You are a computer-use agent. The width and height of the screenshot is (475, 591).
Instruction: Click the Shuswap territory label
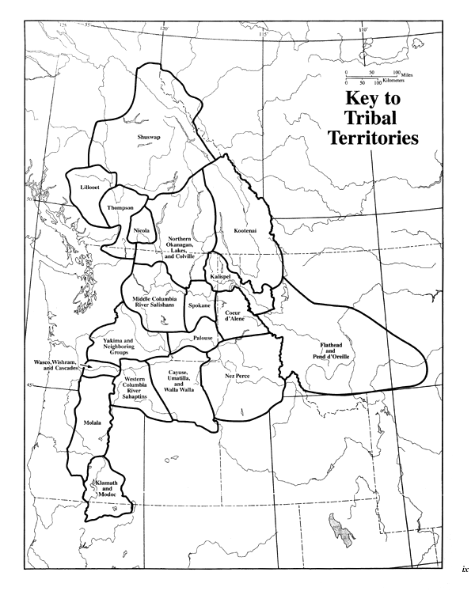point(149,138)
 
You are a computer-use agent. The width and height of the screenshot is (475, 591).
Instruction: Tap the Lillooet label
point(89,187)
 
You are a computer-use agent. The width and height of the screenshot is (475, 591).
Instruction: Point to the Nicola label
point(142,230)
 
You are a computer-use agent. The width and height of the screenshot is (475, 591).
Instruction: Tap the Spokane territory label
point(198,303)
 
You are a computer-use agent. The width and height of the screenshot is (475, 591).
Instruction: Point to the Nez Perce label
point(237,376)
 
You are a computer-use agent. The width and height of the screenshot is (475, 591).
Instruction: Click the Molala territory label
point(93,423)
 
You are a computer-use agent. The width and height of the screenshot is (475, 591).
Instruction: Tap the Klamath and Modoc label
point(105,488)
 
